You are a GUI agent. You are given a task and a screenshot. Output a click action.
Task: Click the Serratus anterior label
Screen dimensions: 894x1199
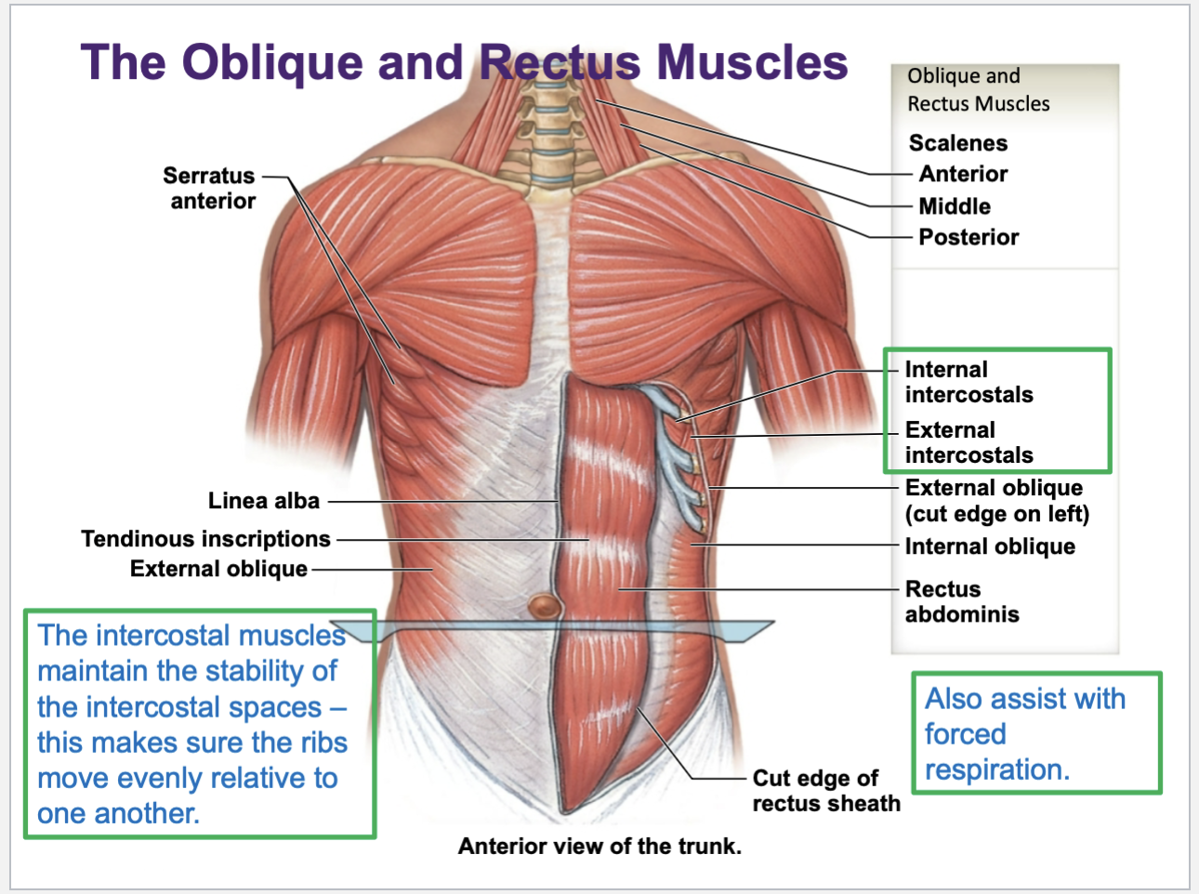(210, 188)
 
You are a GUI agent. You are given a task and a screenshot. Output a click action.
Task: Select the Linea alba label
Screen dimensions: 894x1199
(263, 501)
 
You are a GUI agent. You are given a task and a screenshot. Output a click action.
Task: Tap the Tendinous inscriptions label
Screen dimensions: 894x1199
(205, 539)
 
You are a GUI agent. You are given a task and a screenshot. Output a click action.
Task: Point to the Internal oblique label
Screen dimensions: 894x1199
(990, 546)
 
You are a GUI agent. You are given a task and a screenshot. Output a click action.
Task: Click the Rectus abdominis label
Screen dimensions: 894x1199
(961, 601)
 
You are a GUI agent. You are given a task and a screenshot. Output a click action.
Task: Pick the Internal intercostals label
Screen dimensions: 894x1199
(968, 382)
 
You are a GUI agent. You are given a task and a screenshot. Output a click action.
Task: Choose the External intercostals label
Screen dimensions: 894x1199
(968, 442)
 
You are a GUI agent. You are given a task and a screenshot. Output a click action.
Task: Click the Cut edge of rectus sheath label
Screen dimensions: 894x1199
(825, 791)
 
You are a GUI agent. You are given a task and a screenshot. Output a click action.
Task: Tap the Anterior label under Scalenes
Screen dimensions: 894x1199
(963, 174)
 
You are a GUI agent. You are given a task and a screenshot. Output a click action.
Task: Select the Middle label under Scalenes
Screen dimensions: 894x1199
(955, 206)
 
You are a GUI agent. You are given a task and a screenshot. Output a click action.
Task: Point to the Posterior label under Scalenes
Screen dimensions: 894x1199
(968, 237)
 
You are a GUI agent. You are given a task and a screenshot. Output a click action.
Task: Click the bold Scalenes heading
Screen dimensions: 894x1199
(957, 143)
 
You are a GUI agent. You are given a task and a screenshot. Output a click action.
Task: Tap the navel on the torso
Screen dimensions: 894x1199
(545, 607)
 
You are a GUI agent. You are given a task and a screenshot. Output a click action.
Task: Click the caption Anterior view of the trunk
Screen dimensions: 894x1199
(599, 847)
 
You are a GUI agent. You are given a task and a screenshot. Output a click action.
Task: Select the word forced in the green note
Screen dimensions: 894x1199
(965, 734)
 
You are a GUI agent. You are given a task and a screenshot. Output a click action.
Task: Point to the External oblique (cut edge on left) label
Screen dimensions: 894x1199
(996, 501)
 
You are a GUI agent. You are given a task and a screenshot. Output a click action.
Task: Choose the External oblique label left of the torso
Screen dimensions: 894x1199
(218, 569)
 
